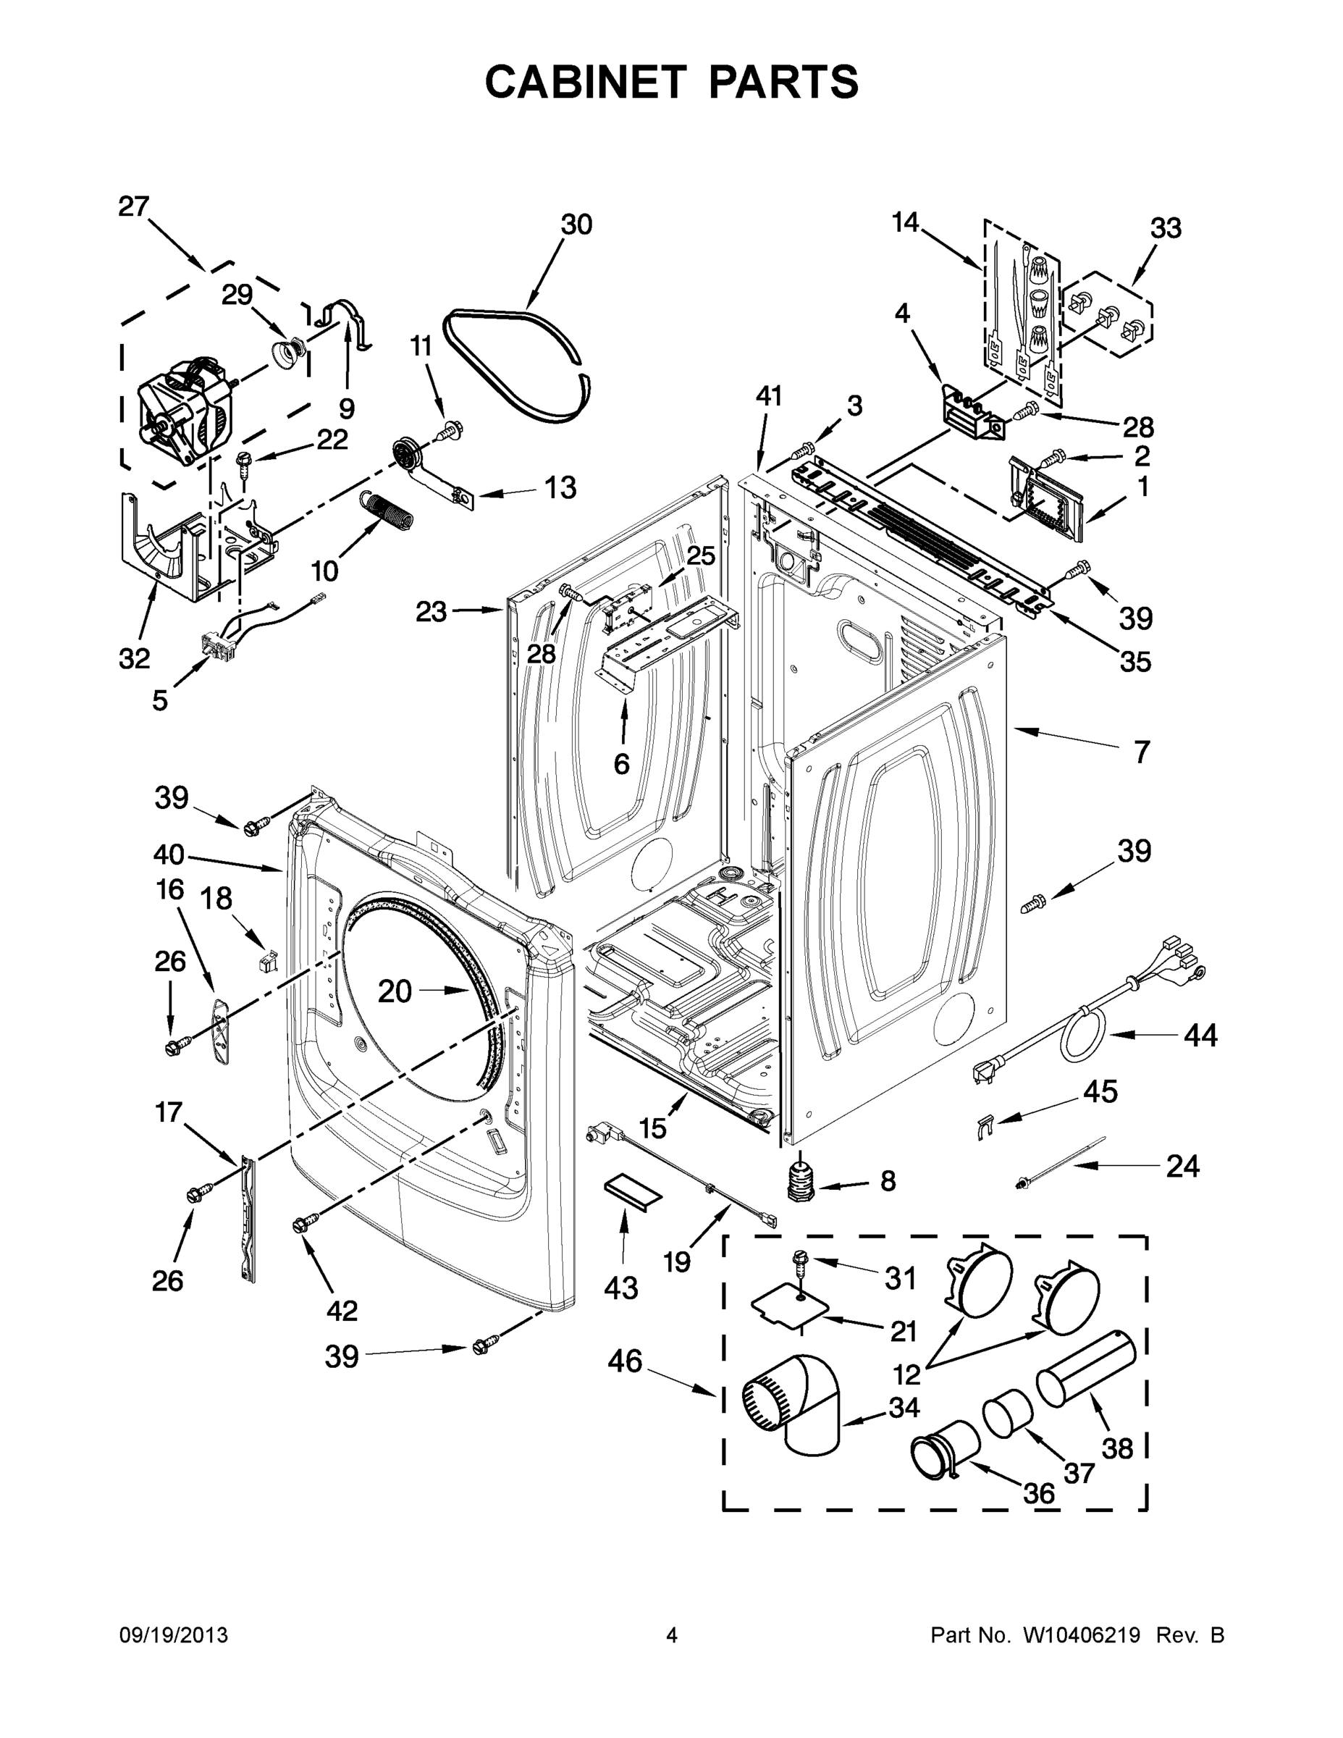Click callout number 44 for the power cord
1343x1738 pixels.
pos(1200,1036)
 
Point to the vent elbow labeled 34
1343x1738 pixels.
pos(796,1407)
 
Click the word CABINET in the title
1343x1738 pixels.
pos(585,81)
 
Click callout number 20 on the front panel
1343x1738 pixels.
pos(395,991)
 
